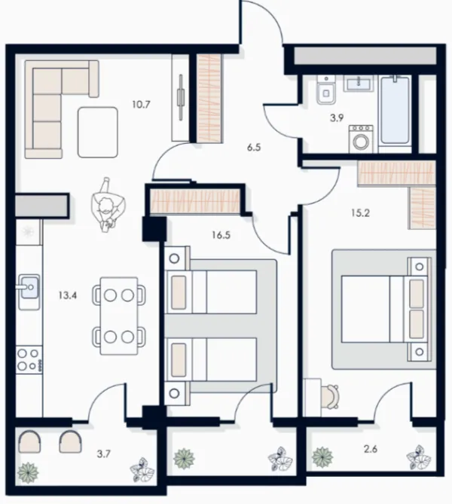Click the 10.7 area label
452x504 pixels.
[141, 105]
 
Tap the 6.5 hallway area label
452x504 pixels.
[254, 148]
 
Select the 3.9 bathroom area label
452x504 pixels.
[337, 118]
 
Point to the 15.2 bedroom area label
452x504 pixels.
[360, 212]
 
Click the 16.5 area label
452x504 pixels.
[221, 235]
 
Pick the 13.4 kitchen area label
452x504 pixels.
[68, 295]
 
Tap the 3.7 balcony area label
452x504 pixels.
[104, 454]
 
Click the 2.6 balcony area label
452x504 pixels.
[371, 449]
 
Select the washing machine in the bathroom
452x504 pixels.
[362, 139]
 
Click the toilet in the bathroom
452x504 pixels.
[326, 90]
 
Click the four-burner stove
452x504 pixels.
[29, 359]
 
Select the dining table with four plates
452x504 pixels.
[119, 316]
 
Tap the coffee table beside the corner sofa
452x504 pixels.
[98, 133]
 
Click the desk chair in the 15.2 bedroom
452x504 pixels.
[331, 396]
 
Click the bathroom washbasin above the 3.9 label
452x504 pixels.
[359, 84]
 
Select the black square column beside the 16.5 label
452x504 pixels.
[154, 229]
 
